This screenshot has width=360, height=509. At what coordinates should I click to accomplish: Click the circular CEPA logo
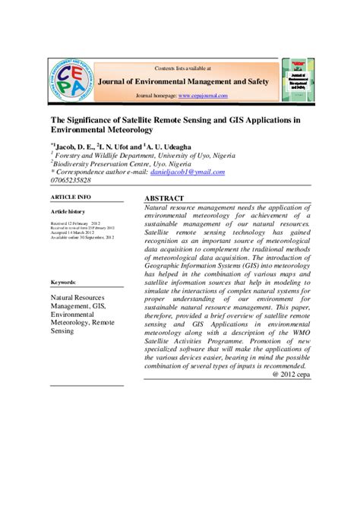pyautogui.click(x=77, y=81)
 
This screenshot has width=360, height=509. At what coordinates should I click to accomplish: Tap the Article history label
pyautogui.click(x=68, y=211)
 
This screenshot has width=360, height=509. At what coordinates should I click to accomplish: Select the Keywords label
pyautogui.click(x=63, y=283)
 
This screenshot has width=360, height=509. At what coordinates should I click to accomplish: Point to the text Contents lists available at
pyautogui.click(x=183, y=68)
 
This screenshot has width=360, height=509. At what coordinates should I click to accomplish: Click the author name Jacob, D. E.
pyautogui.click(x=73, y=147)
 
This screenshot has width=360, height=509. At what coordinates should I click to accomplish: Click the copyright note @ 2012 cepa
pyautogui.click(x=290, y=374)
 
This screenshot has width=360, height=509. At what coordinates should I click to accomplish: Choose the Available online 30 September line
pyautogui.click(x=82, y=238)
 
